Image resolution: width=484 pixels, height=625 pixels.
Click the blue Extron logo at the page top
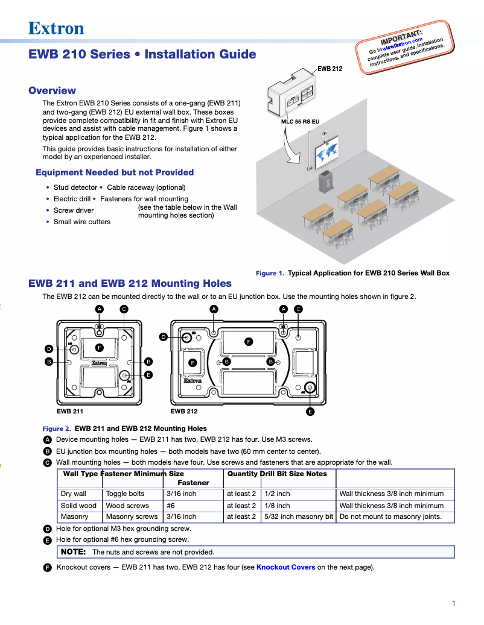click(x=56, y=28)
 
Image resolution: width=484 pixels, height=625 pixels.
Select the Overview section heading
click(x=53, y=90)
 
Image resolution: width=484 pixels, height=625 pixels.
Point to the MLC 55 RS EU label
click(x=300, y=121)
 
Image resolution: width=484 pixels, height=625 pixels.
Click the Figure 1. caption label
click(x=270, y=273)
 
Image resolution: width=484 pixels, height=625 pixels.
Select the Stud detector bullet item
click(x=75, y=187)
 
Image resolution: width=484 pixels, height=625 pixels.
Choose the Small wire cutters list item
click(x=81, y=222)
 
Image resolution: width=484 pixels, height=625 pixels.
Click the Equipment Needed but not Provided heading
click(x=115, y=172)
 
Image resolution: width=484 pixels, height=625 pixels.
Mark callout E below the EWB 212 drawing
click(x=310, y=412)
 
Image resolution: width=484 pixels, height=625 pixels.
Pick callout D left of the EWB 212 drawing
click(x=164, y=337)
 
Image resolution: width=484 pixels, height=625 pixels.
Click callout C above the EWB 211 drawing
click(x=124, y=309)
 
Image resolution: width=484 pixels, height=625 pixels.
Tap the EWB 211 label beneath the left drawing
click(x=70, y=412)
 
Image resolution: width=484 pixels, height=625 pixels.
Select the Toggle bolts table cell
click(x=125, y=494)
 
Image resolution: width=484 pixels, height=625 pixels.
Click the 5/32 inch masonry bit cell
click(x=299, y=517)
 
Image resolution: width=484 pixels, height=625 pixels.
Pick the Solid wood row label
click(x=78, y=506)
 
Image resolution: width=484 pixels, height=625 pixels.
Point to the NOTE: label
click(x=73, y=551)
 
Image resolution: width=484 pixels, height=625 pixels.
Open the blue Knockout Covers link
click(x=285, y=567)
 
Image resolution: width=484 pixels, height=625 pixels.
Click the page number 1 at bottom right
click(x=453, y=603)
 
